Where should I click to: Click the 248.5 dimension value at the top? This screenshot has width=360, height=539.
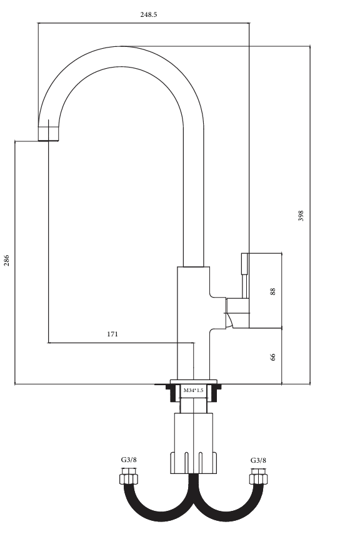(148, 15)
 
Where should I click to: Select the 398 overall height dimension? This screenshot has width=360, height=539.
(301, 216)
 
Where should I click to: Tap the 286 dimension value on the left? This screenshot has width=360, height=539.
(6, 260)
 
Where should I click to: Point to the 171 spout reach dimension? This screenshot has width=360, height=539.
(112, 334)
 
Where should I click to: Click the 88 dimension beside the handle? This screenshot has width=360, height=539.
(272, 291)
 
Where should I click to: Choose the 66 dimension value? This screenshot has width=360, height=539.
(273, 357)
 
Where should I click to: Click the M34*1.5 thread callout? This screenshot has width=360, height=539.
(193, 390)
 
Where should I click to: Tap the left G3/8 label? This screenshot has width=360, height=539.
(129, 460)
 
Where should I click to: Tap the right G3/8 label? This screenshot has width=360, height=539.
(258, 460)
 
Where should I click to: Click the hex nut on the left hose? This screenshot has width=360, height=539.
(129, 478)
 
